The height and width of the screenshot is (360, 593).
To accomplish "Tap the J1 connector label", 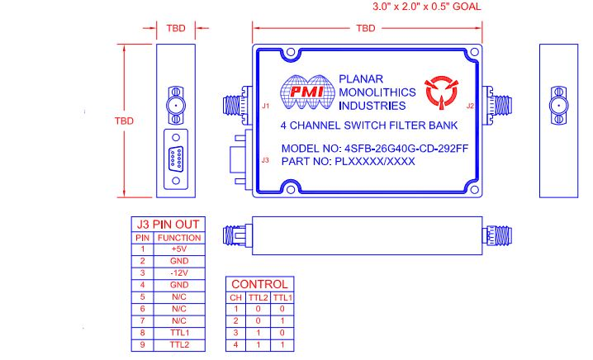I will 266,106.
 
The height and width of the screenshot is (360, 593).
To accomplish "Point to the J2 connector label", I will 470,106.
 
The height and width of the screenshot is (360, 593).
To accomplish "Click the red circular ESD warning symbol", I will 439,92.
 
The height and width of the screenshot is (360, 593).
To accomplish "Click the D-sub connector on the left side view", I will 175,154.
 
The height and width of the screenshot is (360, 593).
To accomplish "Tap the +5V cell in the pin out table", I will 179,249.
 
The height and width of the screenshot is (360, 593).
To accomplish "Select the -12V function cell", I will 179,272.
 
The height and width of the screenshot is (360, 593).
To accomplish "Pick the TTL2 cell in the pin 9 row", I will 179,343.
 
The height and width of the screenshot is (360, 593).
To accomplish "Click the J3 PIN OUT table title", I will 167,225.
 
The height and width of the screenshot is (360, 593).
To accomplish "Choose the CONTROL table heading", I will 259,284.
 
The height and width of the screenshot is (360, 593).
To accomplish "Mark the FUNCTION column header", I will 179,237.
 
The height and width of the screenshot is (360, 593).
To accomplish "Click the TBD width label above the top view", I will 366,28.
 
